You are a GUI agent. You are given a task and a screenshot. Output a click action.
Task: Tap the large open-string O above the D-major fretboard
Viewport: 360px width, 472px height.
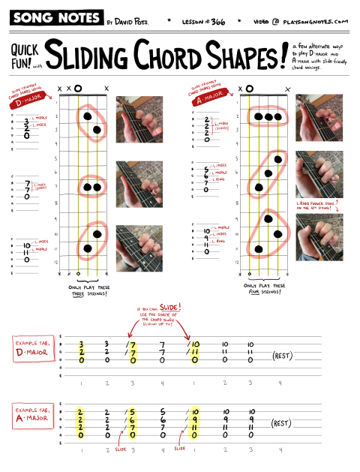[77, 89]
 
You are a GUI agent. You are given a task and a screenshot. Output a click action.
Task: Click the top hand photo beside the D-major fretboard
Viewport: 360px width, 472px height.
[136, 119]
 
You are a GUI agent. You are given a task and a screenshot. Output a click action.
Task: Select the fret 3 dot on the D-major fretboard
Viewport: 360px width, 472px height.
[97, 130]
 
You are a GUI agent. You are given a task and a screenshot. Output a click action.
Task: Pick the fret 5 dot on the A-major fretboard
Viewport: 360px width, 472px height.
[278, 159]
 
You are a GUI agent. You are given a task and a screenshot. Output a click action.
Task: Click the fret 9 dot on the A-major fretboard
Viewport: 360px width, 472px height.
[268, 219]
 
